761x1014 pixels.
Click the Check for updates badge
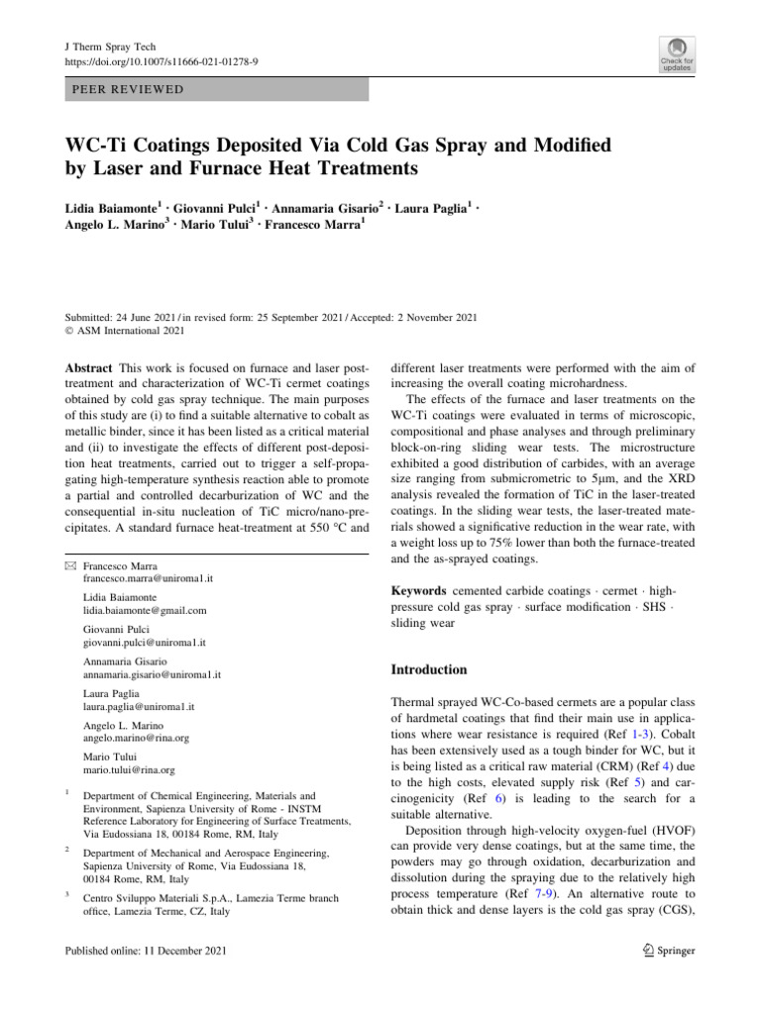tap(677, 55)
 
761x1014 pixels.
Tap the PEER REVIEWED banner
tap(216, 89)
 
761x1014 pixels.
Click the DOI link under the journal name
tap(161, 61)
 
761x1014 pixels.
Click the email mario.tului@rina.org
tap(129, 769)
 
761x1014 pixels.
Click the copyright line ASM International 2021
tap(129, 331)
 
